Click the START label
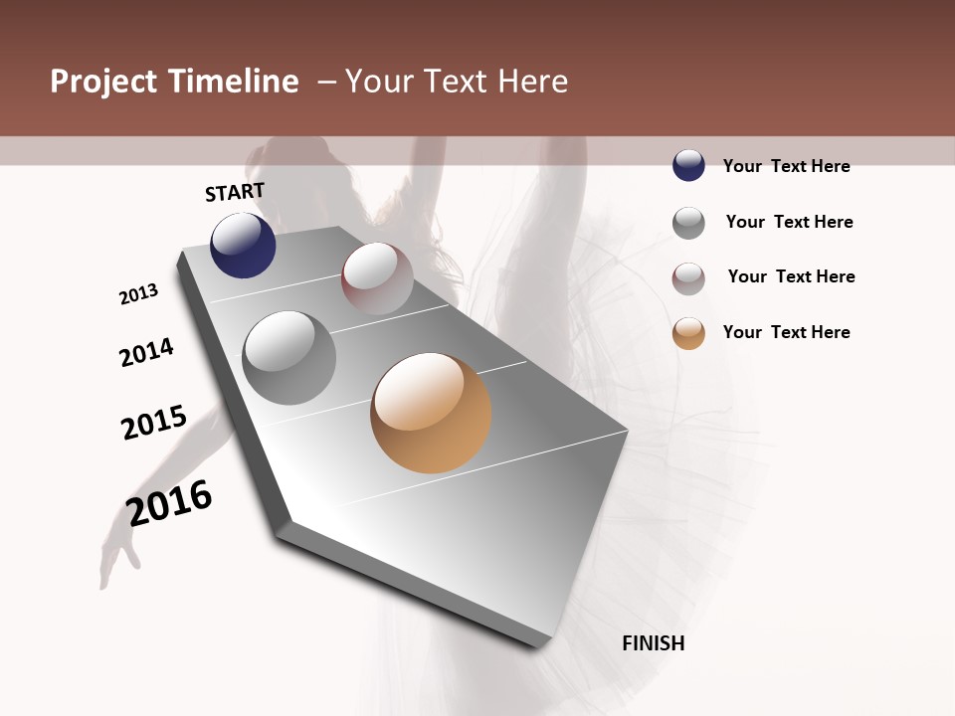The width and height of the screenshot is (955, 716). point(235,192)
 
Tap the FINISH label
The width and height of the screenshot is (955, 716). point(654,643)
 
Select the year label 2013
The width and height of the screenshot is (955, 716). point(139,294)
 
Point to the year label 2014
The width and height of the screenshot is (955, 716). point(147,352)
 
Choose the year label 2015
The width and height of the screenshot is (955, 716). point(154,423)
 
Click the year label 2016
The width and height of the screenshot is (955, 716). point(170,502)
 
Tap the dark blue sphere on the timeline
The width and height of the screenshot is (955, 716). point(243,245)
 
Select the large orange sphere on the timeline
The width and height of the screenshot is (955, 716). point(431,413)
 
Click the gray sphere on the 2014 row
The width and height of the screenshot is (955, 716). point(289,358)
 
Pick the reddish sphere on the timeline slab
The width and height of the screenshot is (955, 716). point(377,278)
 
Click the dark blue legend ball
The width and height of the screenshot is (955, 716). point(688,166)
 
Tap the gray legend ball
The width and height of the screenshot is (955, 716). point(688,223)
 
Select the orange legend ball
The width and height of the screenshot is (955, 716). point(688,333)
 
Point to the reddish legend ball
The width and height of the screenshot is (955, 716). point(688,278)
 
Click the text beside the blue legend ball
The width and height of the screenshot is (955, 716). point(786,166)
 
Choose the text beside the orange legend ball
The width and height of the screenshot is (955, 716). point(786,332)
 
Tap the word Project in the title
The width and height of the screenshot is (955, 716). point(104,82)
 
